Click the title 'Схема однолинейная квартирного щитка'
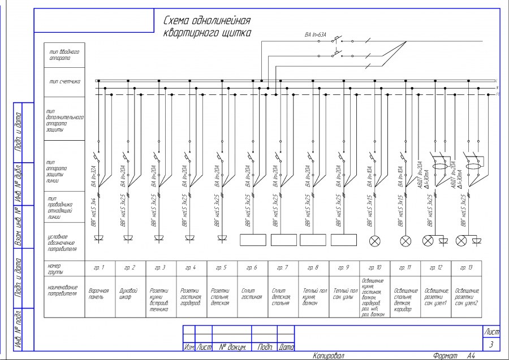(206, 27)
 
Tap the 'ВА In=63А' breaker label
(316, 35)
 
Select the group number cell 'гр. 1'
(99, 266)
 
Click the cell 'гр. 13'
(466, 266)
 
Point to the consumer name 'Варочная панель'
(98, 294)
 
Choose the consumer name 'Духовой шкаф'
(130, 294)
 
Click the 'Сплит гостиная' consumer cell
(252, 294)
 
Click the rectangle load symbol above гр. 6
(253, 240)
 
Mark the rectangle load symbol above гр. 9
(343, 240)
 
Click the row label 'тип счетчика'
(64, 82)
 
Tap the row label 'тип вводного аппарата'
(63, 54)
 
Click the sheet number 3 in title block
(491, 344)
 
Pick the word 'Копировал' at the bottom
(329, 355)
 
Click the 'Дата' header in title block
(287, 348)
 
